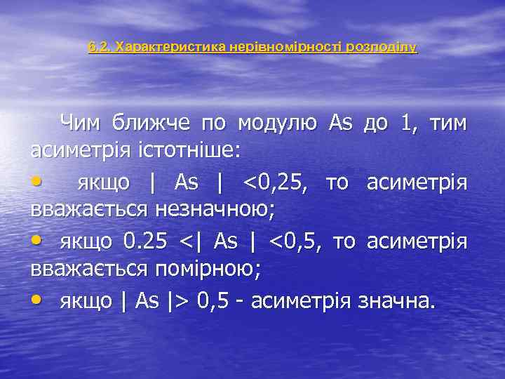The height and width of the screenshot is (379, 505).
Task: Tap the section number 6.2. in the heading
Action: click(100, 48)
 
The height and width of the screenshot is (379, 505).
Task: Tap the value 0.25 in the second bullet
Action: click(145, 241)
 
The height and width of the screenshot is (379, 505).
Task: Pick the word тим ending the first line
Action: click(447, 123)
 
